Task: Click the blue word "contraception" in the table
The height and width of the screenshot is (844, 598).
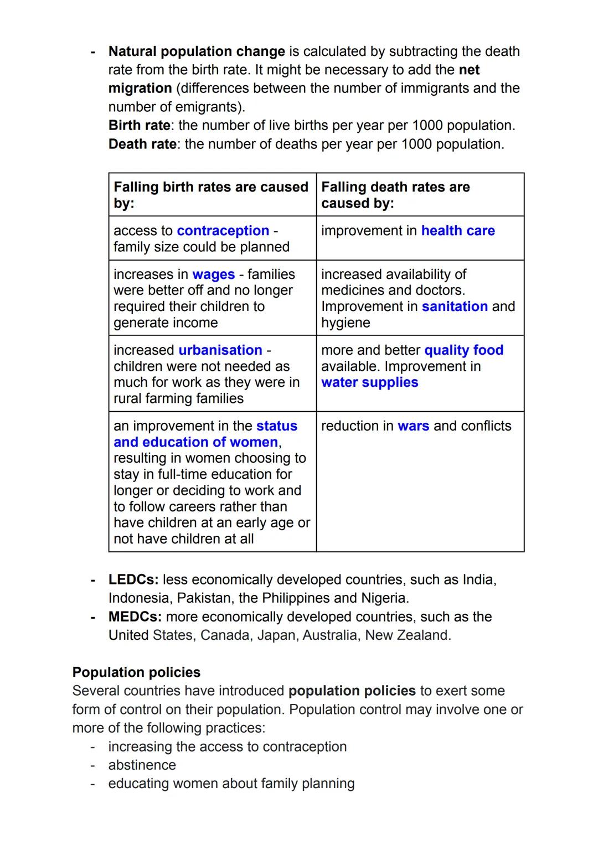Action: click(x=223, y=231)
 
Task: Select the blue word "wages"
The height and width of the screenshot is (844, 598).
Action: click(x=213, y=275)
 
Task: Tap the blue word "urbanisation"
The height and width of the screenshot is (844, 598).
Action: click(x=220, y=350)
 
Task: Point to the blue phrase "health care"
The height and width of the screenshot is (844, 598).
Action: click(x=458, y=231)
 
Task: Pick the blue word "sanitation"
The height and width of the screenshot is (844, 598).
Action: click(x=455, y=307)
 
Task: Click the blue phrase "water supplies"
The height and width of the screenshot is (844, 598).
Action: click(x=369, y=382)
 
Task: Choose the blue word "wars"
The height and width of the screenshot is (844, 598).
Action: click(x=413, y=426)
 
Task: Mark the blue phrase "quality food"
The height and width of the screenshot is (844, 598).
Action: click(x=463, y=350)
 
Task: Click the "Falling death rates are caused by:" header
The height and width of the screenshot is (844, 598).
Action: click(x=395, y=195)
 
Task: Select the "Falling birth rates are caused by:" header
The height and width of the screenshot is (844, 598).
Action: click(x=210, y=195)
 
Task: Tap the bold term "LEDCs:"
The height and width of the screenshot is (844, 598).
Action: click(x=133, y=580)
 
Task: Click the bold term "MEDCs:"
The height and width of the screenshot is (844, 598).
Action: click(x=135, y=617)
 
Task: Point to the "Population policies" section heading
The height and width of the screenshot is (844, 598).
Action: click(x=136, y=672)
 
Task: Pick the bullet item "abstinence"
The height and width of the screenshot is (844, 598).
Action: click(x=142, y=765)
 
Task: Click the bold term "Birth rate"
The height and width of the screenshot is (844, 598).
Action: click(x=139, y=126)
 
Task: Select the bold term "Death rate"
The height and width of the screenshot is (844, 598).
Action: click(x=142, y=144)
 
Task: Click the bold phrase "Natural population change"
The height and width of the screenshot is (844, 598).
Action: click(x=197, y=51)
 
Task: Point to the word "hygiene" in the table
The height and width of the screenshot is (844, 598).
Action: click(x=346, y=323)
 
